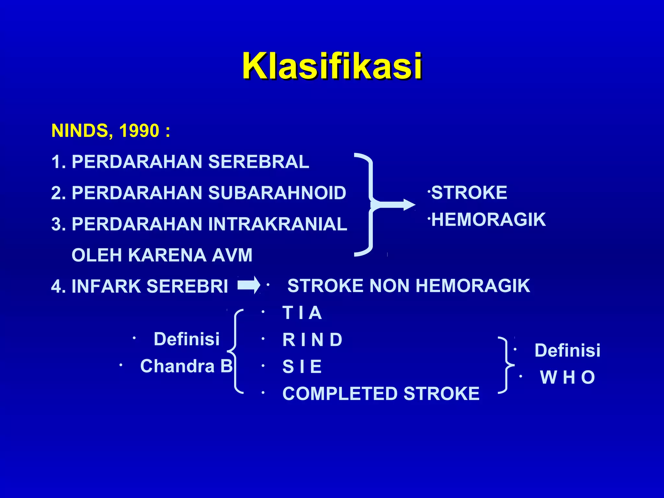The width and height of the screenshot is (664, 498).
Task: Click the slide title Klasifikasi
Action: pyautogui.click(x=332, y=66)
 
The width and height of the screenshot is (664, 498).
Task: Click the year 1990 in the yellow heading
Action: pyautogui.click(x=139, y=131)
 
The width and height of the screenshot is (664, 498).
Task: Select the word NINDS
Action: pyautogui.click(x=80, y=131)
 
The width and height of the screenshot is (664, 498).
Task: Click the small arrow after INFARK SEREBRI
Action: pyautogui.click(x=249, y=285)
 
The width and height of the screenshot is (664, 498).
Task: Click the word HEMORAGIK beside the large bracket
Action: pyautogui.click(x=489, y=219)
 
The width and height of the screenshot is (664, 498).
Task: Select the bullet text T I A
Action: pyautogui.click(x=302, y=313)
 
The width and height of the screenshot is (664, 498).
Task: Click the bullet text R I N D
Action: pyautogui.click(x=312, y=340)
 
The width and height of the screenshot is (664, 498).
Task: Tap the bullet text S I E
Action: pyautogui.click(x=302, y=367)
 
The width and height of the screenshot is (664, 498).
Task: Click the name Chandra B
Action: pyautogui.click(x=186, y=366)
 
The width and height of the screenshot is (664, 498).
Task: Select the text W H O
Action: pyautogui.click(x=567, y=377)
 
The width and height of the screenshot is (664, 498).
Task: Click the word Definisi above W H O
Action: pyautogui.click(x=567, y=350)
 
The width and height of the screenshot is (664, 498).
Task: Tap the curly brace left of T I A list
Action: pyautogui.click(x=235, y=351)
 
